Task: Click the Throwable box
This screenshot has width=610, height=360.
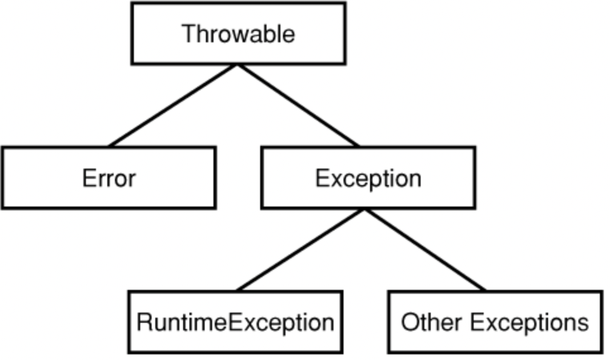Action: [238, 33]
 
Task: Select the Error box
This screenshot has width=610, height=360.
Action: [109, 177]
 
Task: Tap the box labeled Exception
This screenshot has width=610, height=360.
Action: [368, 177]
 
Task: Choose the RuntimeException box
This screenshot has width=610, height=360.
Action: [235, 322]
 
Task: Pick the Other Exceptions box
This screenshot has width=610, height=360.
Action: [495, 322]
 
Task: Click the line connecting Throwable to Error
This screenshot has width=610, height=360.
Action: [173, 105]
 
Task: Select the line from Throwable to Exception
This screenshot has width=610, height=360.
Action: [298, 105]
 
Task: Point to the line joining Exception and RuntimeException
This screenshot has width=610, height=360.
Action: [301, 250]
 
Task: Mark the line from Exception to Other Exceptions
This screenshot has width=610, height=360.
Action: [426, 250]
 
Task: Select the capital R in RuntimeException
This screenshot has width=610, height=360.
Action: [144, 322]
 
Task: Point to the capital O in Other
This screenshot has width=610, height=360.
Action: [410, 322]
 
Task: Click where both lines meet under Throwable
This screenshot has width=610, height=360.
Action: [237, 65]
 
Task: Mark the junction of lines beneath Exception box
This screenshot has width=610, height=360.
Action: [365, 210]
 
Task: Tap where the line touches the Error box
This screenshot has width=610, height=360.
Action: [109, 146]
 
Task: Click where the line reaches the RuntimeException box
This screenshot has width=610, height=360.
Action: [237, 291]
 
